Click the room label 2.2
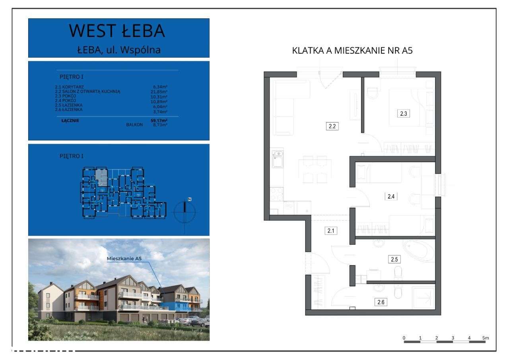[332, 126]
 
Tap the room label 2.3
[403, 114]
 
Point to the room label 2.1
[331, 230]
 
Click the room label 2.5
[394, 259]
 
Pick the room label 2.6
[380, 302]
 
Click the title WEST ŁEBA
[117, 31]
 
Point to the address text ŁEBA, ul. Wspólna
[119, 50]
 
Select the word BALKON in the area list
[134, 125]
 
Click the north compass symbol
[185, 211]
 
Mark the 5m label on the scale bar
[485, 338]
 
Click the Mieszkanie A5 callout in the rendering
[124, 259]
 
